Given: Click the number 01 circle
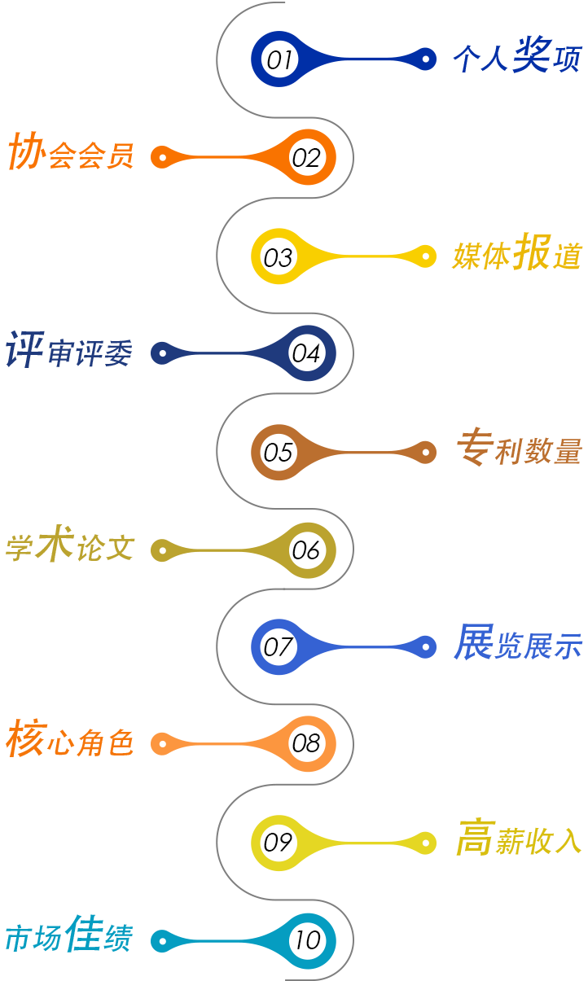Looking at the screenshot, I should tap(279, 59).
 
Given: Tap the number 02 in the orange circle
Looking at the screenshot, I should tap(306, 157).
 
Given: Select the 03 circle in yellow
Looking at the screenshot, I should tap(279, 256).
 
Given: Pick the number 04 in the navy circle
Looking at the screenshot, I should tap(306, 353).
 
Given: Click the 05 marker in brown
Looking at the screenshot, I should tap(279, 452).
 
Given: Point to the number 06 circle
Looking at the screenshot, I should tap(306, 550).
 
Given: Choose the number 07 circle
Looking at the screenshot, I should tap(279, 647).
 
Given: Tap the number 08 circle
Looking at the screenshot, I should tap(306, 743).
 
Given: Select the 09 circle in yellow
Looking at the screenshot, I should tap(279, 843).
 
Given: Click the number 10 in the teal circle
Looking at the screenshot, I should tap(306, 941).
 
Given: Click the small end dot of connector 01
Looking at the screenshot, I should tap(425, 59).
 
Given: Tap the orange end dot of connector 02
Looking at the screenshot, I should tap(163, 157).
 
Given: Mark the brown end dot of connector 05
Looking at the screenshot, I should tap(425, 452).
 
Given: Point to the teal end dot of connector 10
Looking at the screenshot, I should tap(163, 941).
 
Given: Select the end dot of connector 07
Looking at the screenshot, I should tap(425, 647).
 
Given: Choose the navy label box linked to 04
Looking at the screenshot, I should tap(70, 349).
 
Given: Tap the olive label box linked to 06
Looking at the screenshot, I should tap(72, 544).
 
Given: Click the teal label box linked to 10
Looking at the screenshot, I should tap(72, 934).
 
